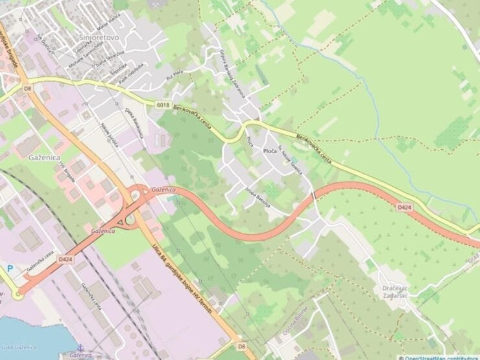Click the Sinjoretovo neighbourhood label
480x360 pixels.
98,38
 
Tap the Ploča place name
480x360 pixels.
270,151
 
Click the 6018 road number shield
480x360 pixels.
163,104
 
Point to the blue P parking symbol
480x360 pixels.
9,267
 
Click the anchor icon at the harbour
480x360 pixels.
80,348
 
